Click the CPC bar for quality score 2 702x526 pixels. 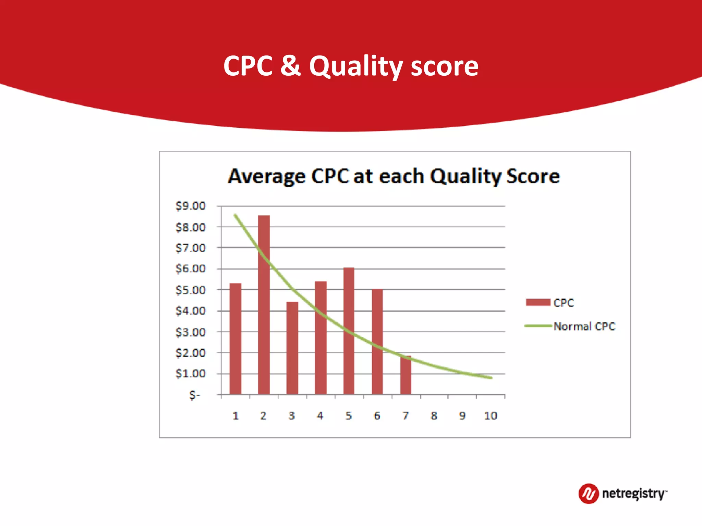pyautogui.click(x=264, y=305)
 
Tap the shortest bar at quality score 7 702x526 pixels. pyautogui.click(x=406, y=375)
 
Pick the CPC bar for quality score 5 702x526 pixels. pyautogui.click(x=349, y=330)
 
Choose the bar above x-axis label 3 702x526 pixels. pyautogui.click(x=292, y=348)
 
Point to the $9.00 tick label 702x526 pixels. pyautogui.click(x=191, y=206)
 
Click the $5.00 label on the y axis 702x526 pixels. pyautogui.click(x=191, y=290)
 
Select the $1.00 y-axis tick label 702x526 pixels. pyautogui.click(x=191, y=373)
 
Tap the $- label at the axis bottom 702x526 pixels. pyautogui.click(x=194, y=395)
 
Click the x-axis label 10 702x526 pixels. pyautogui.click(x=490, y=416)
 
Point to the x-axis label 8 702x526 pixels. pyautogui.click(x=434, y=416)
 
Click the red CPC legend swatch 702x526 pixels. pyautogui.click(x=538, y=302)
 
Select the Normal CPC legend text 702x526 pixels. pyautogui.click(x=584, y=326)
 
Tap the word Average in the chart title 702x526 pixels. pyautogui.click(x=267, y=177)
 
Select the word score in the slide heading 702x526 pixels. pyautogui.click(x=445, y=66)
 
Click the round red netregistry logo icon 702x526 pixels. pyautogui.click(x=588, y=493)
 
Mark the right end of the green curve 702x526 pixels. pyautogui.click(x=491, y=378)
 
